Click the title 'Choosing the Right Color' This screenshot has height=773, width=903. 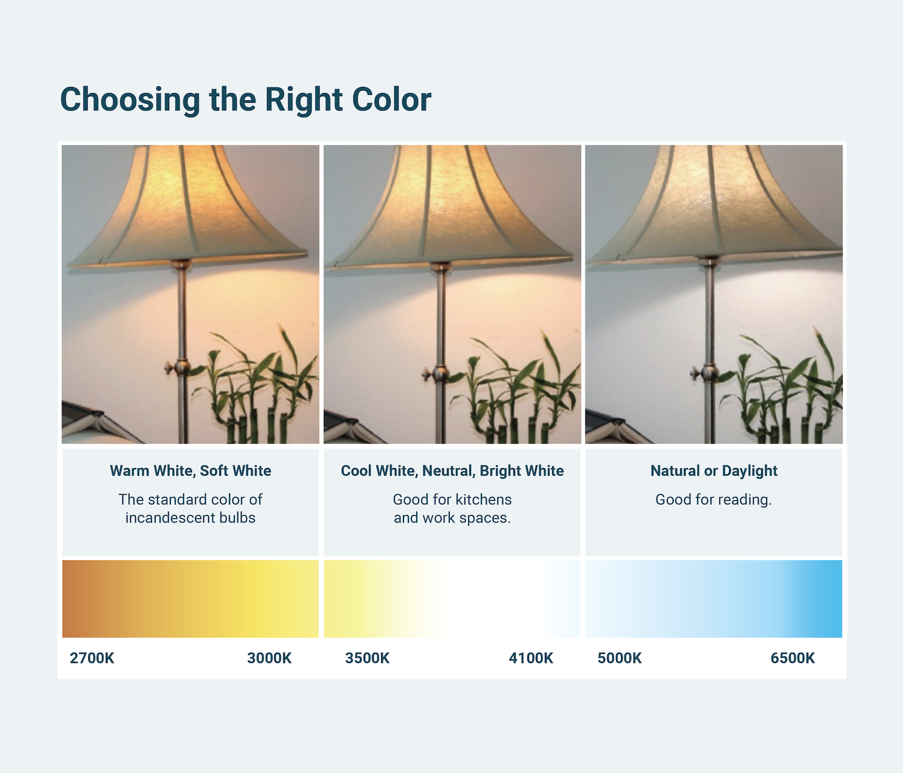click(245, 100)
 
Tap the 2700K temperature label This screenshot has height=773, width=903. click(92, 658)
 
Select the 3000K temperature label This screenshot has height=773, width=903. click(269, 658)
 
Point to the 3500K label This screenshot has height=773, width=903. click(367, 658)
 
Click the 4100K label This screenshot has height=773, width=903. click(531, 658)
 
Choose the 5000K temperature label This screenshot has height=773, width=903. click(620, 658)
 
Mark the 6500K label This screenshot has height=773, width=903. click(792, 658)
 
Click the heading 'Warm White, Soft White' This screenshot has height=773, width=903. click(190, 471)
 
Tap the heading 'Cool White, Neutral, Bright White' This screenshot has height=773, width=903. click(452, 471)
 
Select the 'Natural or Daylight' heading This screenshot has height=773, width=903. click(714, 471)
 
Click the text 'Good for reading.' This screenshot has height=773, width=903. click(714, 499)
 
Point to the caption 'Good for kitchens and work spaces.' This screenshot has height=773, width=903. click(452, 508)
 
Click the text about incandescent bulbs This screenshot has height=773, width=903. click(190, 508)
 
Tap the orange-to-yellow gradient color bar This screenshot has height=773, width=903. click(190, 598)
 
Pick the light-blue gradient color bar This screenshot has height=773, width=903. click(714, 598)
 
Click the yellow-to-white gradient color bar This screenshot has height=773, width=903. click(452, 598)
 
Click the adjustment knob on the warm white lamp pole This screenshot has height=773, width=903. click(178, 368)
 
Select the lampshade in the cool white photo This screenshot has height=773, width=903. click(450, 205)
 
